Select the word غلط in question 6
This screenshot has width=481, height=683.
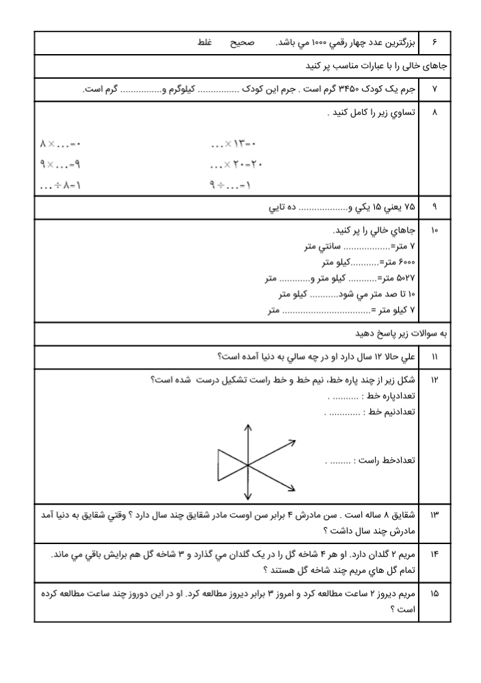[x=205, y=42]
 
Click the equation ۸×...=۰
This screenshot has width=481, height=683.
[x=60, y=144]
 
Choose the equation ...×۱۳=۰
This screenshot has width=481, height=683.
[x=233, y=144]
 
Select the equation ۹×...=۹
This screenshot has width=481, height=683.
[x=60, y=164]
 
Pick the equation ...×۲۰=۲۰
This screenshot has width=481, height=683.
[x=237, y=164]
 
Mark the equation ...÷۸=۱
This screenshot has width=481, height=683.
[x=60, y=185]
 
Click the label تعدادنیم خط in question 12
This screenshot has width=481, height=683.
[x=389, y=412]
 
